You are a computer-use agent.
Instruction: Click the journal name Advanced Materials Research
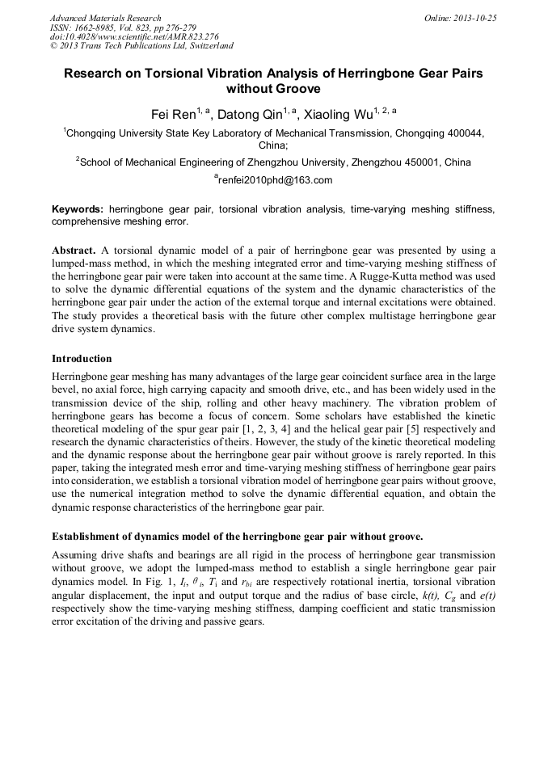point(106,18)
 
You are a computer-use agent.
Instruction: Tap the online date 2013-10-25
point(475,18)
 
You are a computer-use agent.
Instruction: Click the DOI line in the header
point(134,36)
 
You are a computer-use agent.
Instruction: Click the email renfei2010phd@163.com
point(276,180)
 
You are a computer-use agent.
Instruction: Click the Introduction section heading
point(82,358)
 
